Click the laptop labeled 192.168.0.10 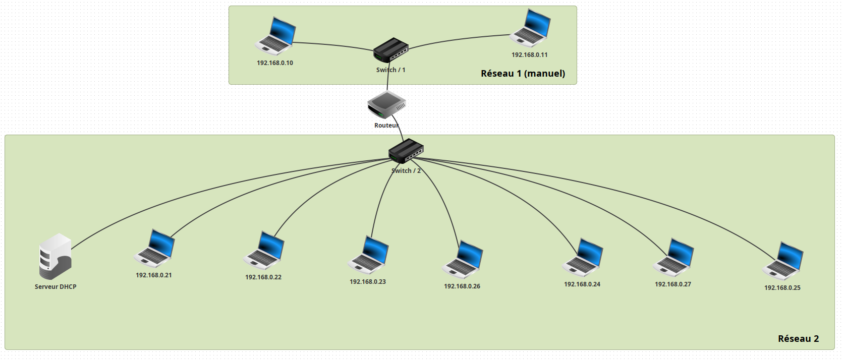(x=275, y=36)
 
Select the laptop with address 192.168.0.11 (x=530, y=28)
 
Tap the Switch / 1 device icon (x=390, y=50)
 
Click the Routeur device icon (x=386, y=105)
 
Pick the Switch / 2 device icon (x=406, y=151)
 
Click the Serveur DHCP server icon (x=55, y=256)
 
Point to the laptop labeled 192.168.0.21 (x=154, y=248)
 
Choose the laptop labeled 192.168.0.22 (x=264, y=251)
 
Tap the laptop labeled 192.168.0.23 (x=368, y=255)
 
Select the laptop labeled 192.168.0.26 (x=463, y=260)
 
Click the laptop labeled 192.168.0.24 (x=583, y=258)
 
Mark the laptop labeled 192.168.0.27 (x=673, y=258)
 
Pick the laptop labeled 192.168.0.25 (x=783, y=261)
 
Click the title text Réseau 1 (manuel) (x=523, y=74)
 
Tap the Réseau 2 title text (x=798, y=339)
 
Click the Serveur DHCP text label (x=55, y=287)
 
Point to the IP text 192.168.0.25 (x=782, y=288)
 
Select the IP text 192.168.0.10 (x=275, y=63)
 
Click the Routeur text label (x=386, y=126)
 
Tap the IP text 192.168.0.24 (x=582, y=284)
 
